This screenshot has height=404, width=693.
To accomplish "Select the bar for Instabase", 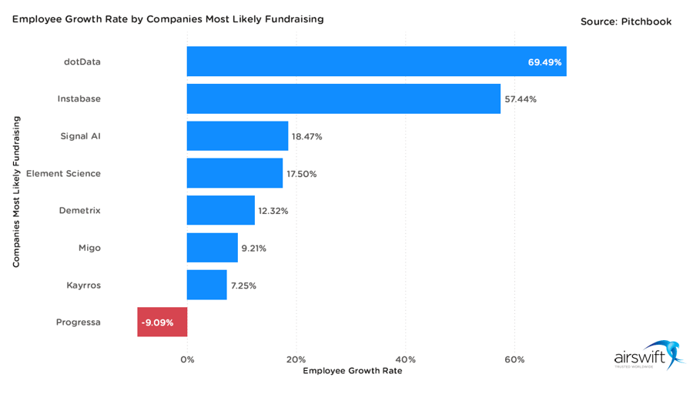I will [343, 99].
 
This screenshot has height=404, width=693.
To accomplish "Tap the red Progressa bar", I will [162, 322].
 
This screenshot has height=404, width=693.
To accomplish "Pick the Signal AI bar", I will [237, 136].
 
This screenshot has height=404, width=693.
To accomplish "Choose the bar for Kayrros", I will [206, 285].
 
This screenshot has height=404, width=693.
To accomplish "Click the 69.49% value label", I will [544, 62].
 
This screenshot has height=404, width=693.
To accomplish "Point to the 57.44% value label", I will [520, 99].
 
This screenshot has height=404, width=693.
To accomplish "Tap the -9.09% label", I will [157, 322].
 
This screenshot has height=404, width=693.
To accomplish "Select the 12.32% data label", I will [273, 211].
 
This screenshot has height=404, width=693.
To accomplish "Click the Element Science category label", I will [63, 174].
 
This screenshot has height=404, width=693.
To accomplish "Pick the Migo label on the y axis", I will [89, 248].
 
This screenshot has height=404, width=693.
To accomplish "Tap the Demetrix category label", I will [79, 211].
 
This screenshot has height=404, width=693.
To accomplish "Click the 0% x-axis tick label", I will [187, 359].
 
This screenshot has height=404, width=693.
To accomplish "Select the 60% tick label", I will [514, 359].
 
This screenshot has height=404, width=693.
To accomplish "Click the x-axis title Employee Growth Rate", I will [352, 371].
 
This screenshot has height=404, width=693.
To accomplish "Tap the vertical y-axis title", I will [16, 192].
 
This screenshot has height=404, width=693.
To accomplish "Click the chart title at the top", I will [167, 18].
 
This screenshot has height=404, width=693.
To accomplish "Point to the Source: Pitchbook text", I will [625, 22].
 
